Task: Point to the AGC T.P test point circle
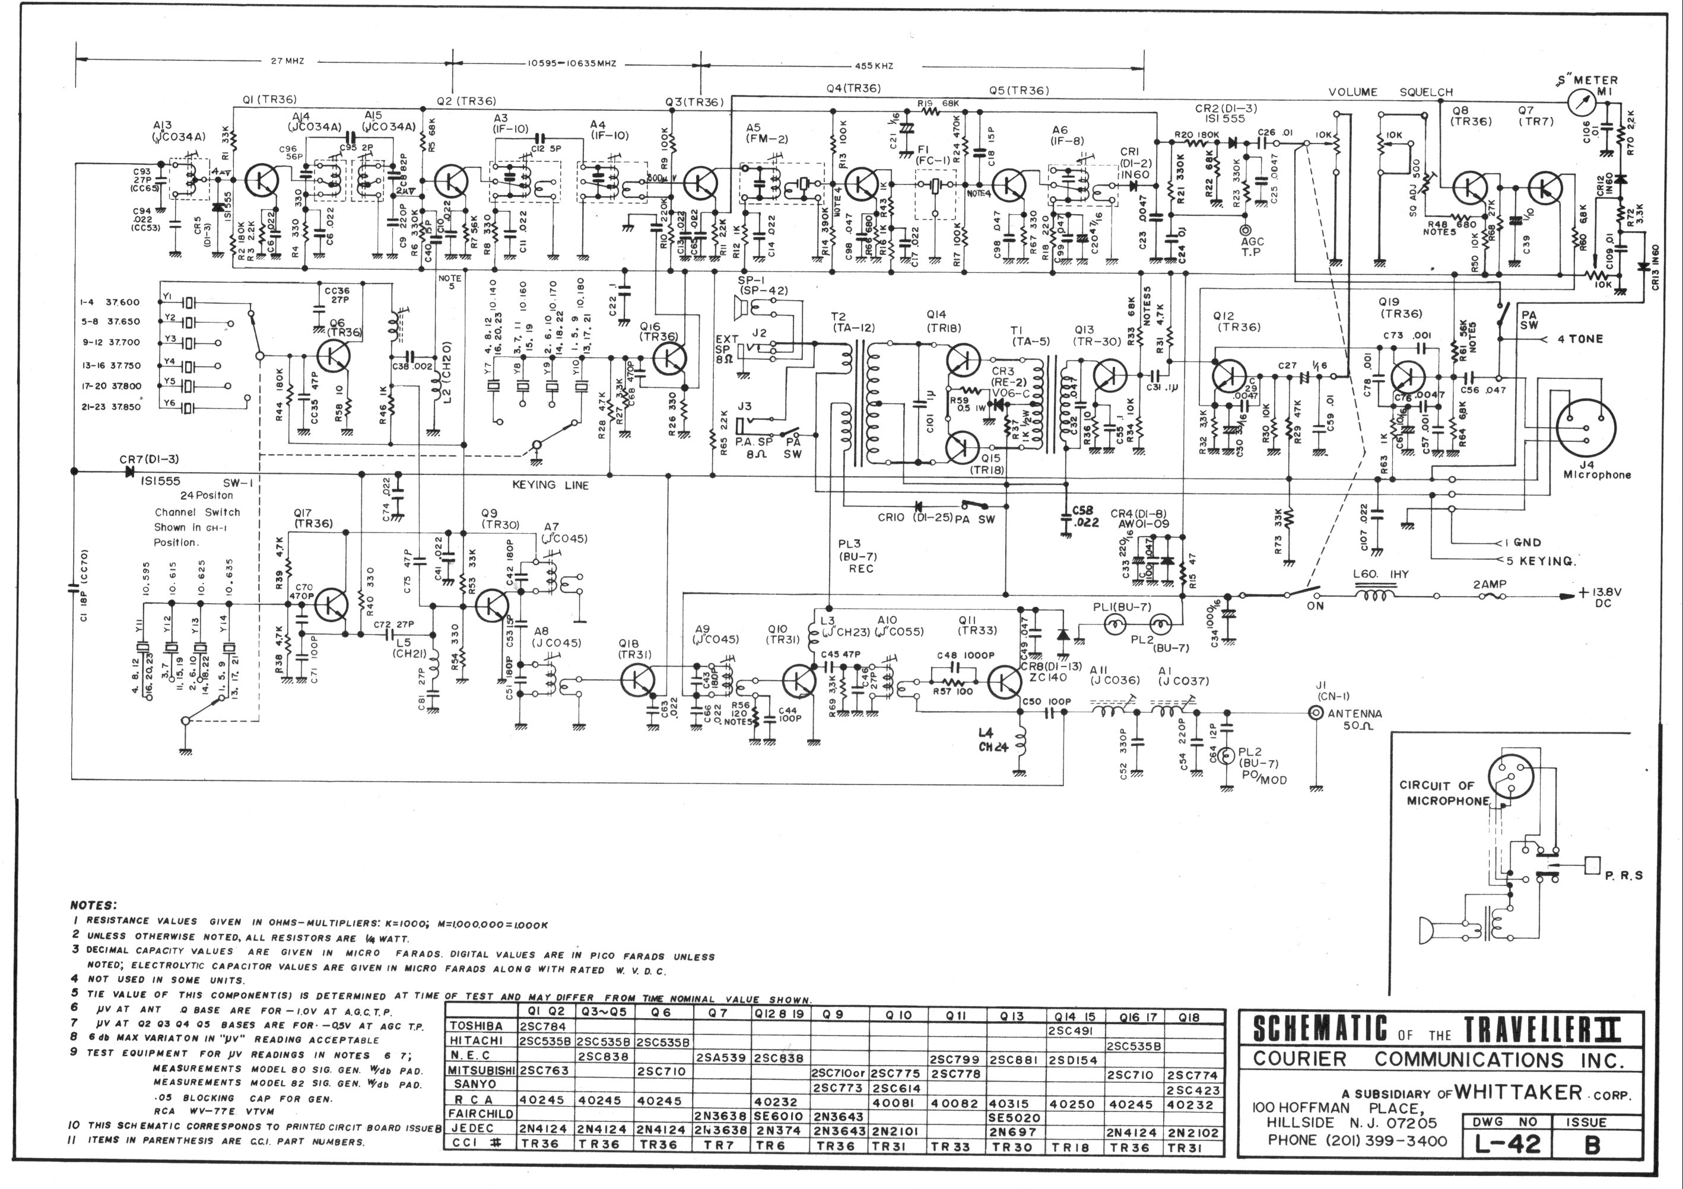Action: [x=1246, y=230]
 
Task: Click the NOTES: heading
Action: [x=94, y=906]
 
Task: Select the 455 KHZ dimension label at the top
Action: [x=874, y=65]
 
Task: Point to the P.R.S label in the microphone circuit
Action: [x=1623, y=875]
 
